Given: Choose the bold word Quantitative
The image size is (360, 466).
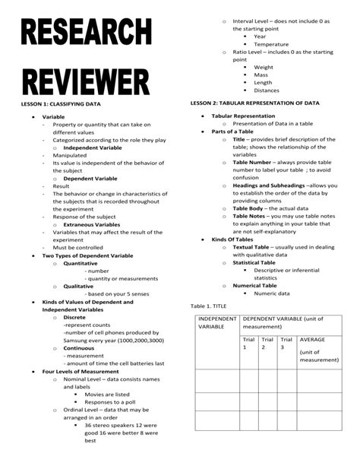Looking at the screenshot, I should click(x=82, y=263).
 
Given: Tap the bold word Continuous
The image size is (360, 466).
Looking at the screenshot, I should click(x=79, y=347).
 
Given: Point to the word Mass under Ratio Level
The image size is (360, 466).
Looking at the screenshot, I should click(x=262, y=74).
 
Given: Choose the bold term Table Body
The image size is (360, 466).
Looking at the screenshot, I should click(x=251, y=208).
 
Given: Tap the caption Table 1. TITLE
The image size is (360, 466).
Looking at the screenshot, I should click(x=210, y=305).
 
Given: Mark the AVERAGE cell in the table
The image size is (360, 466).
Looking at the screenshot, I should click(x=313, y=340).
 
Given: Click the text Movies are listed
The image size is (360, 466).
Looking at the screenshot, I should click(x=107, y=395).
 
